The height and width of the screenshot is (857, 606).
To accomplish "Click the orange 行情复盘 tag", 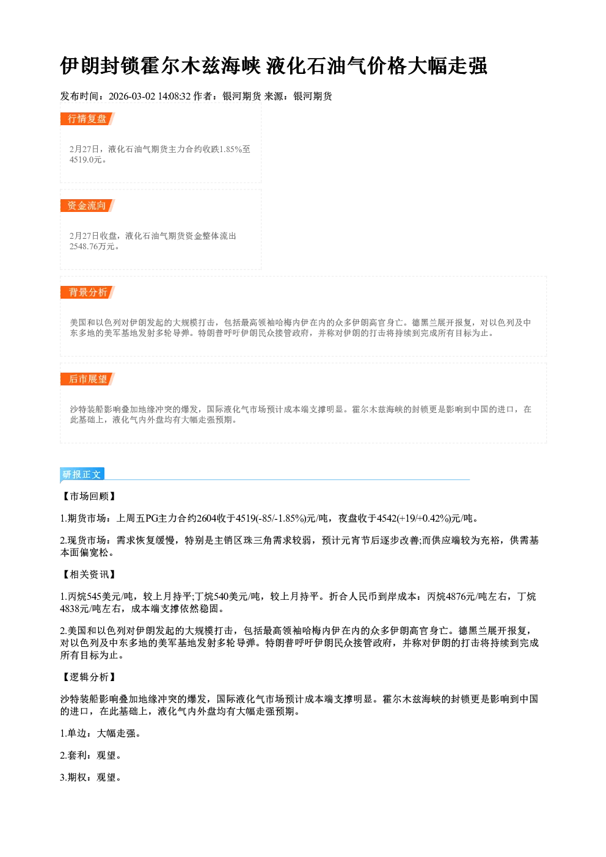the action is [x=87, y=119].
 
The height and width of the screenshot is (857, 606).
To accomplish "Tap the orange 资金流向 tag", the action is [x=87, y=205].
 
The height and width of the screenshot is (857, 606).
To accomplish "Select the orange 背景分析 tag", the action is [x=87, y=293].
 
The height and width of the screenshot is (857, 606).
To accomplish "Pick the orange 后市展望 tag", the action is [x=87, y=379].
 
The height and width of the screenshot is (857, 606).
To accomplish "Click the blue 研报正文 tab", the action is [x=82, y=475].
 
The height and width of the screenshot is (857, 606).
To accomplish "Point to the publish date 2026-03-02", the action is [x=132, y=96].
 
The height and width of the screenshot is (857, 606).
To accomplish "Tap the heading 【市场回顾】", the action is [x=89, y=497].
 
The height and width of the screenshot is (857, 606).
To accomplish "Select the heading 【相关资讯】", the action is [x=89, y=575].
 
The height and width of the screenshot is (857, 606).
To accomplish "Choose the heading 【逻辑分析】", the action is [x=89, y=677].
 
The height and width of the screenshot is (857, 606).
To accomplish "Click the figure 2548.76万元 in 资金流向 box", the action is [x=92, y=247].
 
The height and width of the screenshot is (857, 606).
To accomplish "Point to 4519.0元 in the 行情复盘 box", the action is [x=86, y=160].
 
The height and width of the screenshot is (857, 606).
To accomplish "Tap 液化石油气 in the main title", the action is [x=316, y=65].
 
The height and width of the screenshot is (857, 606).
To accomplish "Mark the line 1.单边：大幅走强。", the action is [x=101, y=734].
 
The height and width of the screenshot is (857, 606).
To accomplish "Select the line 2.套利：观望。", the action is [x=90, y=756].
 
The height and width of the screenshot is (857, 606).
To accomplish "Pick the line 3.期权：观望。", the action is [x=90, y=778].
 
